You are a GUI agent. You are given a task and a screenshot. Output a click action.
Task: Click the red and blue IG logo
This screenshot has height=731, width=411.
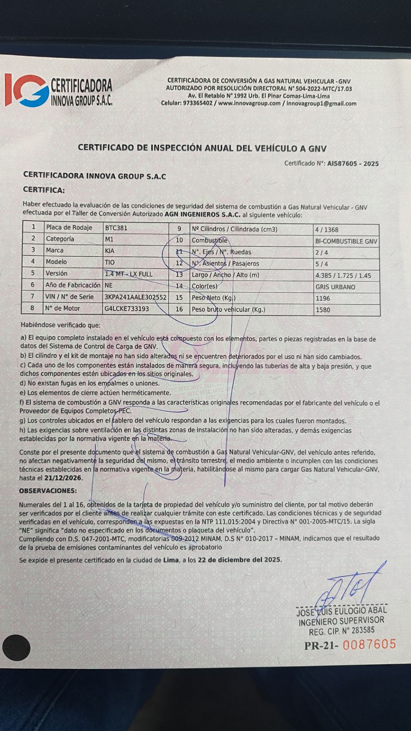click(27, 91)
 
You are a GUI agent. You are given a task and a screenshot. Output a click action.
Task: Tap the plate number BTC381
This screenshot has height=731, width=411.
click(116, 228)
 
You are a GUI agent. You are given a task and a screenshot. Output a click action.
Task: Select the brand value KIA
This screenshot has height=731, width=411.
click(110, 251)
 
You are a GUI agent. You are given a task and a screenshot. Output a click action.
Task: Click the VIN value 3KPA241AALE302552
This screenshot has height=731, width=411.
click(135, 297)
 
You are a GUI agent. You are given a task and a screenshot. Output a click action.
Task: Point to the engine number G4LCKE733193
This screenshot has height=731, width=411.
click(127, 308)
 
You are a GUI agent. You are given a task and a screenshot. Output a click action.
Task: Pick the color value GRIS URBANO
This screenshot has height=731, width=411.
click(335, 287)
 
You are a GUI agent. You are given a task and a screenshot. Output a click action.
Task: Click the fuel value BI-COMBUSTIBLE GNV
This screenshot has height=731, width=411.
click(346, 241)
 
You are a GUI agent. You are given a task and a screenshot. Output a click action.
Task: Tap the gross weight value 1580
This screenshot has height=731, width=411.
click(323, 310)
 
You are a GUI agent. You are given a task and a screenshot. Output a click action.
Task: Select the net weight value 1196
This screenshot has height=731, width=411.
click(323, 298)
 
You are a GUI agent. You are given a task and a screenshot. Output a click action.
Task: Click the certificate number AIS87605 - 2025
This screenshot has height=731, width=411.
click(353, 164)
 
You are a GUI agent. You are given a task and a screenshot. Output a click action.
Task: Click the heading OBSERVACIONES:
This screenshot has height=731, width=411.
click(48, 491)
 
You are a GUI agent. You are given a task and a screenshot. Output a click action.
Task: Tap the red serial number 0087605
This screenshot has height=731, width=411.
click(369, 645)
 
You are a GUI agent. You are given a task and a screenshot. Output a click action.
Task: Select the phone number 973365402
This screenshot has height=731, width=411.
click(198, 103)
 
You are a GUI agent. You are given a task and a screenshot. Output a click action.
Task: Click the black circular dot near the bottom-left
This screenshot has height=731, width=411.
click(16, 648)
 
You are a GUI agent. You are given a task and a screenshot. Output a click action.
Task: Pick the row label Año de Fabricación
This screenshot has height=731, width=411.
click(73, 285)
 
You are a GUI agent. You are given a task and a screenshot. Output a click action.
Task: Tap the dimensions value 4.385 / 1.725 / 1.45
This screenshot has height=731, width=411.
click(343, 276)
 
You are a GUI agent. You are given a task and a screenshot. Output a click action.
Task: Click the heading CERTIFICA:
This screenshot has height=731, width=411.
click(44, 190)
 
